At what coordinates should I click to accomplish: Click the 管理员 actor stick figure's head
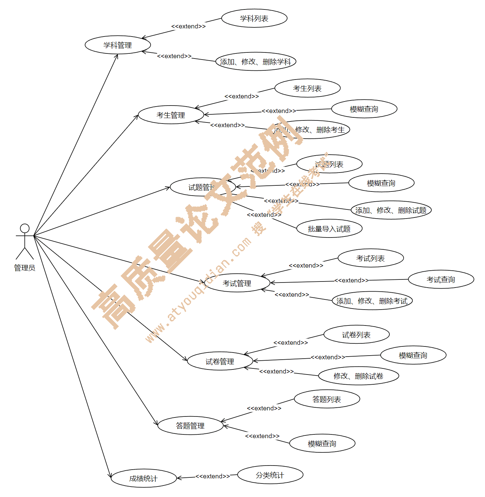click(25, 228)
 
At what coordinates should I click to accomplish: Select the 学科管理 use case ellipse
click(118, 45)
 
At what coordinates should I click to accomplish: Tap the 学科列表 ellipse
click(254, 18)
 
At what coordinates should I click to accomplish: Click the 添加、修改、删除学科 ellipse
click(255, 62)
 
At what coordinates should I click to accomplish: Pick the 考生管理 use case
click(171, 115)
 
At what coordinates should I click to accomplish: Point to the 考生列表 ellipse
click(307, 88)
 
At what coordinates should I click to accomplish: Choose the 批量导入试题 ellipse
click(329, 229)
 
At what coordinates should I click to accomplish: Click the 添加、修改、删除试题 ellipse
click(391, 210)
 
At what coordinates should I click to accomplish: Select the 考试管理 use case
click(237, 283)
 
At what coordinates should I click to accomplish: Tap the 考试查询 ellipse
click(441, 279)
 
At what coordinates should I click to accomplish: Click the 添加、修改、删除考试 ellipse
click(372, 301)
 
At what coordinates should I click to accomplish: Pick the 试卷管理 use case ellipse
click(220, 361)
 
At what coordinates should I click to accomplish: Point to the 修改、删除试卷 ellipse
click(358, 376)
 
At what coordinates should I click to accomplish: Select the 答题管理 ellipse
click(190, 426)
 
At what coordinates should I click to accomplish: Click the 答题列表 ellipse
click(327, 399)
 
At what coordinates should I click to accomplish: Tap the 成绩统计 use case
click(144, 478)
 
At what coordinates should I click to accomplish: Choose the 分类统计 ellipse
click(270, 475)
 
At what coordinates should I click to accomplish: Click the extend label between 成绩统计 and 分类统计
click(212, 476)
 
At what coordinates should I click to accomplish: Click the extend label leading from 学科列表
click(188, 26)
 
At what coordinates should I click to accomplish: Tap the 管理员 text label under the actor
click(25, 268)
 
